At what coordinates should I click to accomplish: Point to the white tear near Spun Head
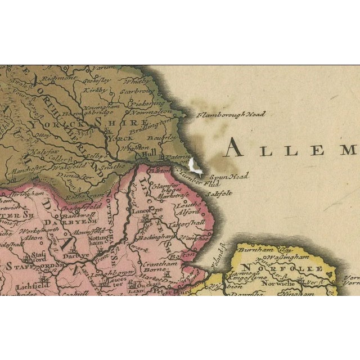[195, 165]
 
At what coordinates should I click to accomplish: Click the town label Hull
[150, 152]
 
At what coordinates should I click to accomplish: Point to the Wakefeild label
[69, 166]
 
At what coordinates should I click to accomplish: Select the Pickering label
[145, 103]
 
